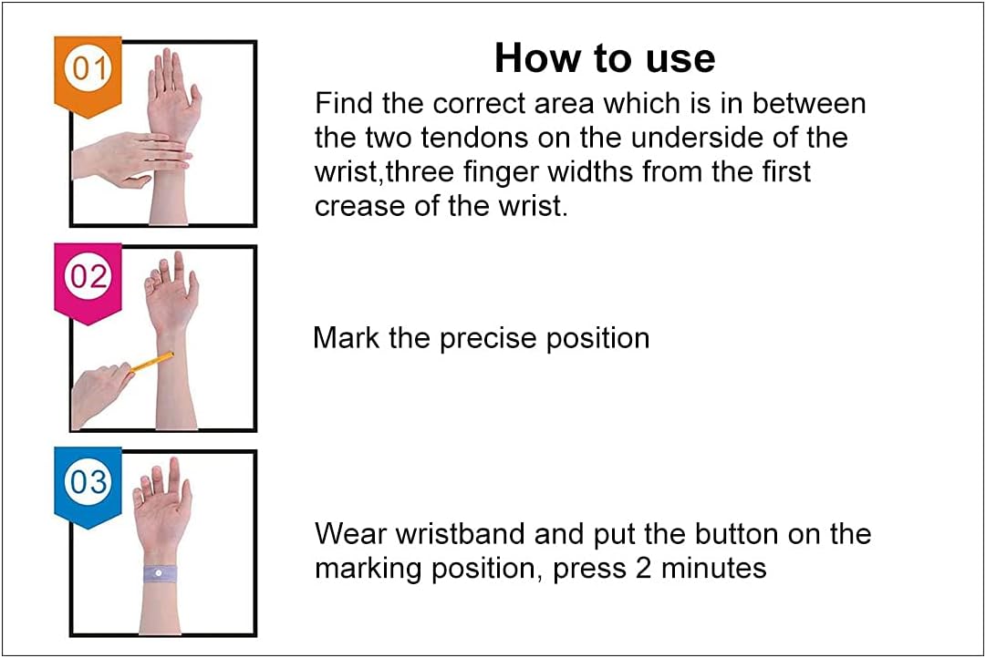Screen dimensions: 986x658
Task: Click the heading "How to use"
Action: [x=605, y=57]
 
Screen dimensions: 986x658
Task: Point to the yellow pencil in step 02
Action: [x=150, y=363]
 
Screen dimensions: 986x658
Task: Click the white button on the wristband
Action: [x=158, y=573]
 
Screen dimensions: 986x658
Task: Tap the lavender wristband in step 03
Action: [x=160, y=573]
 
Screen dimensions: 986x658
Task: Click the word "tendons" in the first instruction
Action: [x=474, y=138]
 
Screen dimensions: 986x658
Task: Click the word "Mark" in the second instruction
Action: [x=346, y=337]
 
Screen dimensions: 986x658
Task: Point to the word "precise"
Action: [x=487, y=339]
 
